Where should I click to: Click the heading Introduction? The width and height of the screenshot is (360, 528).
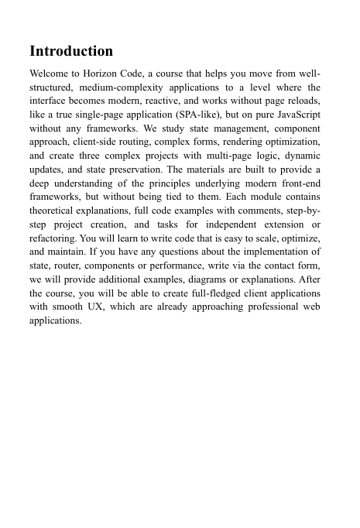tap(71, 52)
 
